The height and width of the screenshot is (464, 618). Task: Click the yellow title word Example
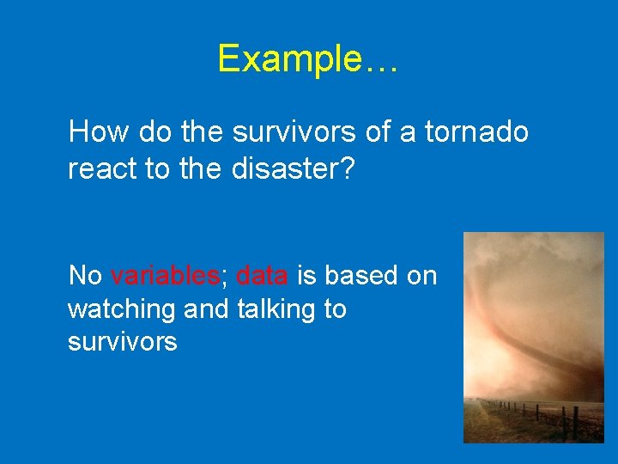[x=290, y=59]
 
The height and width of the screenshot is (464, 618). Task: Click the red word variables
[x=165, y=276]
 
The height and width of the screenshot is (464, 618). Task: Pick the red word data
[x=263, y=276]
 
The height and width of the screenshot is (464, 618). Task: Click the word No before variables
[x=85, y=276]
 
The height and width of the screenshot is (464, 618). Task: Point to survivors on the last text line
[x=122, y=342]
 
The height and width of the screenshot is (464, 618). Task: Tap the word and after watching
[x=202, y=309]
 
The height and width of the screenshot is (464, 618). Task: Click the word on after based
[x=421, y=276]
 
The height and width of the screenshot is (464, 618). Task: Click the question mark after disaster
[x=347, y=169]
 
